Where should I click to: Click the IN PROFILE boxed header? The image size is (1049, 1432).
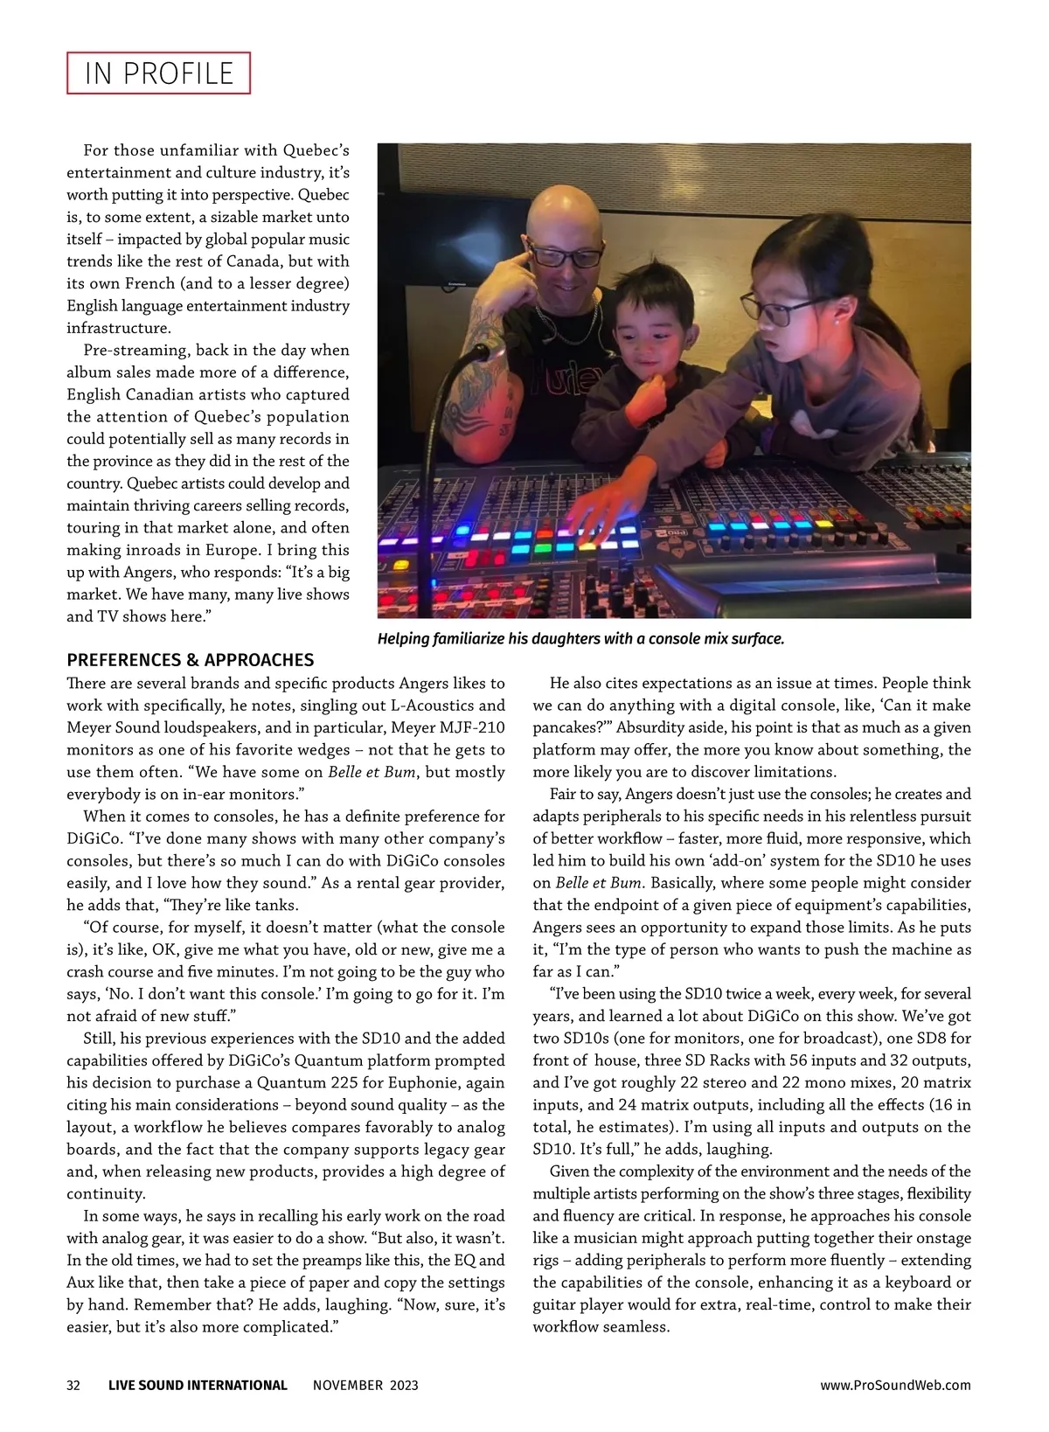tap(158, 73)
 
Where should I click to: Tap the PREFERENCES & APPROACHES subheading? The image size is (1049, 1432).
tap(190, 660)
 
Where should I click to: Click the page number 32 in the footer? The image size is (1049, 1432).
tap(73, 1385)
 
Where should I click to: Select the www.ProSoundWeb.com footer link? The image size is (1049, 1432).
tap(895, 1385)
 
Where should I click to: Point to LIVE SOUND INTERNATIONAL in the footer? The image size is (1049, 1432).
tap(198, 1385)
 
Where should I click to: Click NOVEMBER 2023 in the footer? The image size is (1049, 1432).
tap(365, 1385)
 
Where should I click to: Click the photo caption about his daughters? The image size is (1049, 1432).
tap(580, 639)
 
